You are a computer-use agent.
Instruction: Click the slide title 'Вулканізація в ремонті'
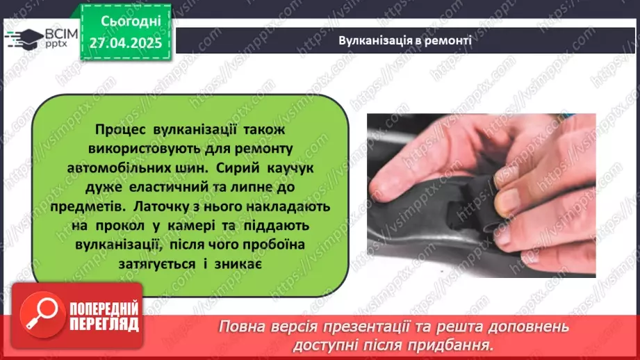pyautogui.click(x=405, y=40)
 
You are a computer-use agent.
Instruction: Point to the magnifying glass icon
pyautogui.click(x=40, y=313)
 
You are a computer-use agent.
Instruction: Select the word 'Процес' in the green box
pyautogui.click(x=119, y=131)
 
